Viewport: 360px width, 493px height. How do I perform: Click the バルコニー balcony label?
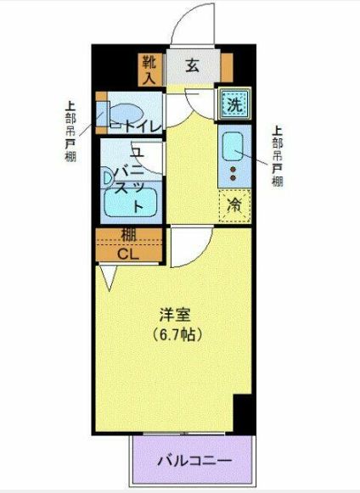[194, 462]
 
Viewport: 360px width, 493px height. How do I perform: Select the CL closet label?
[127, 254]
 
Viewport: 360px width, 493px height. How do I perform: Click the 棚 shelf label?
[127, 235]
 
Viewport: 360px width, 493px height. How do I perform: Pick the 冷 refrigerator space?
[233, 204]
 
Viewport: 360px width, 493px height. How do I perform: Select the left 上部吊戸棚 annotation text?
[70, 132]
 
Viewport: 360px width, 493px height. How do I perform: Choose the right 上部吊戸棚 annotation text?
[278, 157]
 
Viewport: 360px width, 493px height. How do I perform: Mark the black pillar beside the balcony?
[245, 416]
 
